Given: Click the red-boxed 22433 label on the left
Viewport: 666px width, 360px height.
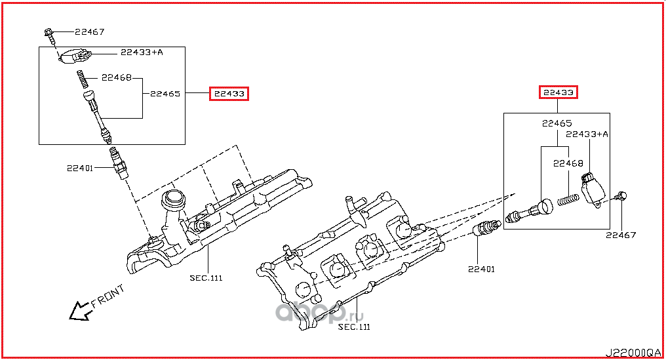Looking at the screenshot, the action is click(x=229, y=94).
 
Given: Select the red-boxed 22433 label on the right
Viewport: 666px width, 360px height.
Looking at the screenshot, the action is click(x=558, y=92).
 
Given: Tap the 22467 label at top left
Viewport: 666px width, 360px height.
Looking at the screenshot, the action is click(x=90, y=32).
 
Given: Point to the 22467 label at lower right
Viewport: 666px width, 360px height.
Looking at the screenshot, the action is click(x=621, y=235).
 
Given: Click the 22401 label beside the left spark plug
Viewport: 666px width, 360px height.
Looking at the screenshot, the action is click(x=80, y=169).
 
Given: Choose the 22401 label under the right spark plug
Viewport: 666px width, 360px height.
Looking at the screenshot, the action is click(x=481, y=269).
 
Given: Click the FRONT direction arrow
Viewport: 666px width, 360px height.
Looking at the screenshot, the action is click(x=80, y=311).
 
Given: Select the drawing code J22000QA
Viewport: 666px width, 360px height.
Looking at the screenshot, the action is click(x=633, y=353).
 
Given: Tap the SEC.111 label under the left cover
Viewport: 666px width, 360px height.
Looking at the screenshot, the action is click(x=206, y=278).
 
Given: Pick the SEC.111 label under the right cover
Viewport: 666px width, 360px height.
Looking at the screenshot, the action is click(x=354, y=327).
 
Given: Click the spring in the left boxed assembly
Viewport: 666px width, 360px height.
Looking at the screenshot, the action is click(x=83, y=79).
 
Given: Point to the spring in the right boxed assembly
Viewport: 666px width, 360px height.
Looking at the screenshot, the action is click(x=568, y=199).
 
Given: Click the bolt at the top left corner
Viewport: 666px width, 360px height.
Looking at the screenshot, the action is click(x=49, y=35).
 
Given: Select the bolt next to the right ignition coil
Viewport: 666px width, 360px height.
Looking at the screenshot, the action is click(x=621, y=196).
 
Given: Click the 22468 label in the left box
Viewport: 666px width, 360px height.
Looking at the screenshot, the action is click(x=117, y=78).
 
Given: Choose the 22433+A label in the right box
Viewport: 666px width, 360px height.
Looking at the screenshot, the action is click(x=587, y=134).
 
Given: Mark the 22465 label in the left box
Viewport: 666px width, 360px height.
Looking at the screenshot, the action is click(x=165, y=94).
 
